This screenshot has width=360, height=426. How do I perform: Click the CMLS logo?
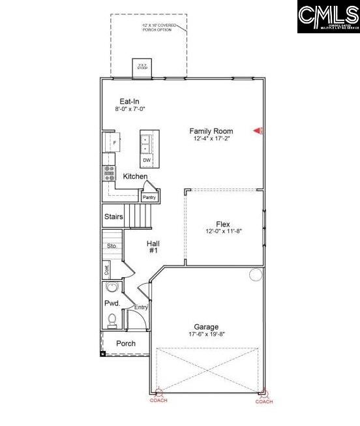click(x=328, y=17)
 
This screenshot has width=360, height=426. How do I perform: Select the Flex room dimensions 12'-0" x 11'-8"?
click(x=223, y=232)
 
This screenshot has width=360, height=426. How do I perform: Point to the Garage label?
click(x=206, y=327)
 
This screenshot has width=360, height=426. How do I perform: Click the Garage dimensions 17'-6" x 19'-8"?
click(x=206, y=334)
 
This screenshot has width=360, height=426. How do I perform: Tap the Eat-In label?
click(x=128, y=101)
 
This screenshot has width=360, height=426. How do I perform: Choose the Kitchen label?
click(x=135, y=176)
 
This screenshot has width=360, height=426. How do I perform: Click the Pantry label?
click(x=149, y=197)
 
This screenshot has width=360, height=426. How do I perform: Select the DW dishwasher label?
click(x=147, y=160)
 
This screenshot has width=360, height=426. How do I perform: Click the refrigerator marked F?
click(x=113, y=142)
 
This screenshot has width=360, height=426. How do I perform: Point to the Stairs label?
click(x=113, y=217)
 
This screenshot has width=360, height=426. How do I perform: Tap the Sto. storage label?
click(x=112, y=246)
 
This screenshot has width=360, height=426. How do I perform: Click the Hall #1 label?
click(x=153, y=247)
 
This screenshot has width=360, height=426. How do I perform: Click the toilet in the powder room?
click(x=112, y=319)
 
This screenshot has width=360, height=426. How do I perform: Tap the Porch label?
click(x=126, y=343)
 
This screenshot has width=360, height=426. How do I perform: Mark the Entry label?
click(x=141, y=307)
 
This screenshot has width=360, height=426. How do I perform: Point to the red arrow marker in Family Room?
click(x=258, y=131)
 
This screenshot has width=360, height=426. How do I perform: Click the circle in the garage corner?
click(x=255, y=275)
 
